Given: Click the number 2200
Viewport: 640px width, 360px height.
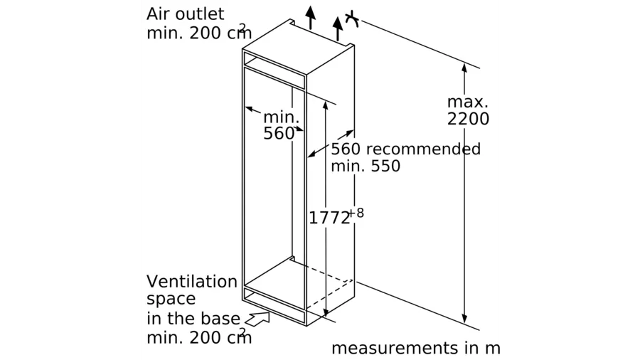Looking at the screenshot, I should [468, 120].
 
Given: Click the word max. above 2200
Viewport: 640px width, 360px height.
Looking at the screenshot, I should [468, 102].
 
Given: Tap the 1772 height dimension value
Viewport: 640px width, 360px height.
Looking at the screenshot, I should [329, 218].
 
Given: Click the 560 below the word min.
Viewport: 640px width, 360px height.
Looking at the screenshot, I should [278, 134].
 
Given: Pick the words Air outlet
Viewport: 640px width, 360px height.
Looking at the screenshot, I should [185, 14].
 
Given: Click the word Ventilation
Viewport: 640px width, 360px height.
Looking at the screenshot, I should [192, 281].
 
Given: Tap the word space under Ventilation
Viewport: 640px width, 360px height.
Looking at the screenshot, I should [171, 299].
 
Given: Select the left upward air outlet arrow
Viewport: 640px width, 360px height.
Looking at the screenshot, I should [310, 16].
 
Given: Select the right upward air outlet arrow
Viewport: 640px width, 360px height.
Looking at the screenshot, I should [337, 27].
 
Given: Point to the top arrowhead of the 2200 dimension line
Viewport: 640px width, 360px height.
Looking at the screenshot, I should [464, 68].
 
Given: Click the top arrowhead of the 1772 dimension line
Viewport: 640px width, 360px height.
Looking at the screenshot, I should [326, 105].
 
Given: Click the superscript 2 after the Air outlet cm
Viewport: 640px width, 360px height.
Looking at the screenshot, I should [243, 28].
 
